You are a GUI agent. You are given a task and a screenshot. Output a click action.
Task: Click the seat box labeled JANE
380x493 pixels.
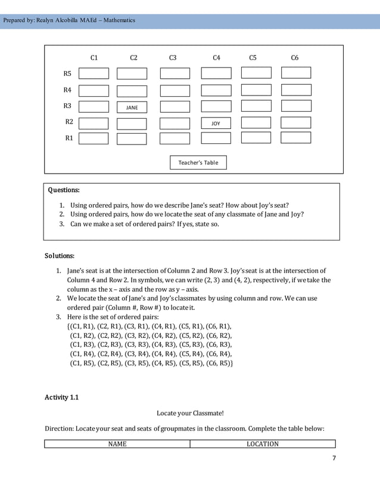pos(132,107)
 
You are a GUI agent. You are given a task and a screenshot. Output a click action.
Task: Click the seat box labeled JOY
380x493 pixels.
pos(216,124)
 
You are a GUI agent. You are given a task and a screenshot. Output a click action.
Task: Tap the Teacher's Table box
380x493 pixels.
pos(198,162)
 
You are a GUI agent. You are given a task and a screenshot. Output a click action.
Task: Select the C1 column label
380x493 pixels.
pos(94,58)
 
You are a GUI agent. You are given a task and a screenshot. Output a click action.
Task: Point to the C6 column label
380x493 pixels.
pos(294,58)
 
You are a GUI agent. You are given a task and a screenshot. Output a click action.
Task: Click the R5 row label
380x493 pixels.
pos(67,73)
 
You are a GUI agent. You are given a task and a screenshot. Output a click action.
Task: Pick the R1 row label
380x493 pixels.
pos(68,138)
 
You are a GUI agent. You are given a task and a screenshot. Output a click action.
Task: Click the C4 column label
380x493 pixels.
pos(216,58)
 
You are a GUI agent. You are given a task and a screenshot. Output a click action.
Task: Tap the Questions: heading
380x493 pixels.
pos(63,190)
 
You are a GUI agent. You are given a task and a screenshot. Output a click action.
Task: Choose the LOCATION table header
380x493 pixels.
pos(263,443)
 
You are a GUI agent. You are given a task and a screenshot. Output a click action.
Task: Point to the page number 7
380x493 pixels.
pos(334,458)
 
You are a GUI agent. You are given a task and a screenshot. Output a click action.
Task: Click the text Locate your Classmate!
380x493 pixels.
pos(190,413)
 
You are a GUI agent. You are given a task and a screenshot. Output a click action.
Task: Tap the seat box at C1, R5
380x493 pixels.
pos(94,73)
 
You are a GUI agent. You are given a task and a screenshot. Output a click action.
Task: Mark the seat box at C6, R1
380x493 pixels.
pos(296,138)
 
